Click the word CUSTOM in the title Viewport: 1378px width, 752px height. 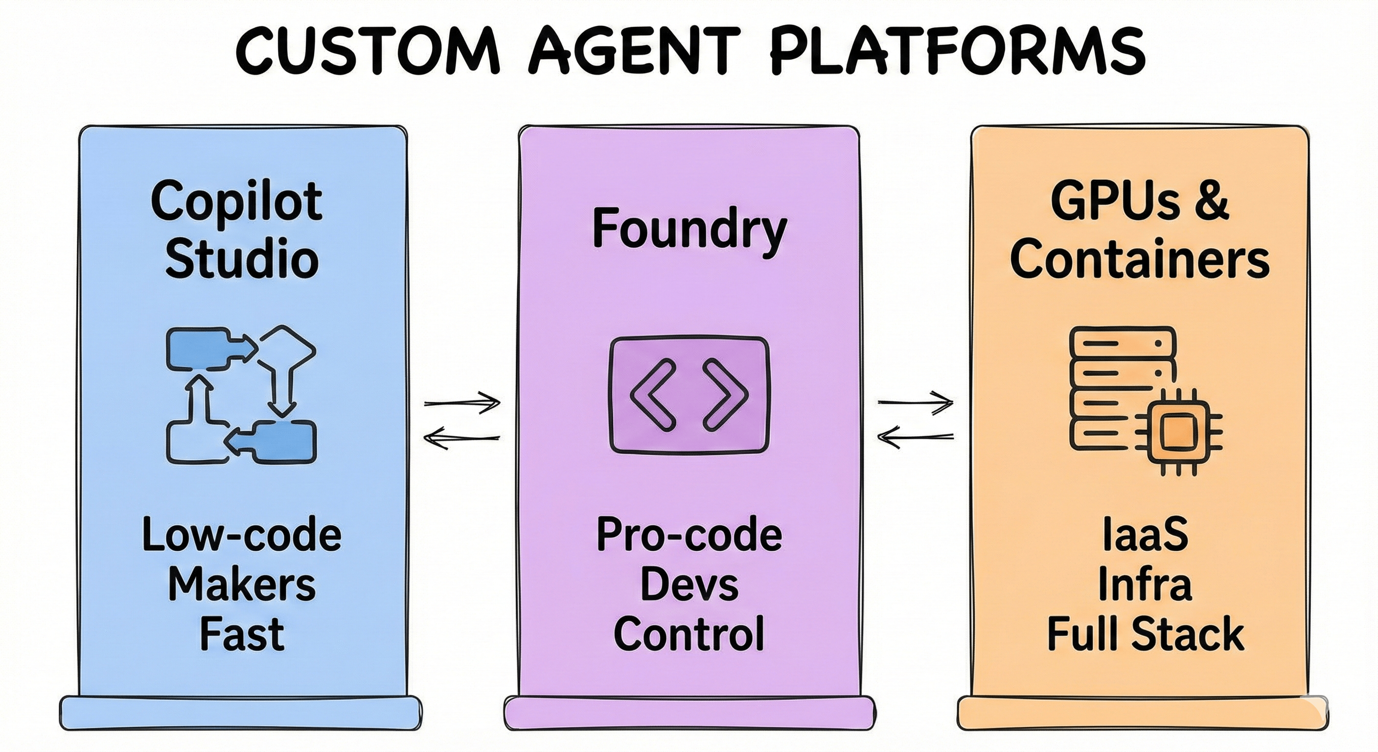pos(367,51)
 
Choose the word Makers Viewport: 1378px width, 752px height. pos(242,586)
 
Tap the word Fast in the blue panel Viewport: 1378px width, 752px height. pos(242,634)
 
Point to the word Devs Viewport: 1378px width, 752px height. pos(689,586)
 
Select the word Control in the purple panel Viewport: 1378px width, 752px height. pos(689,634)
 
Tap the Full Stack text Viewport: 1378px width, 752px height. pos(1145,634)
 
